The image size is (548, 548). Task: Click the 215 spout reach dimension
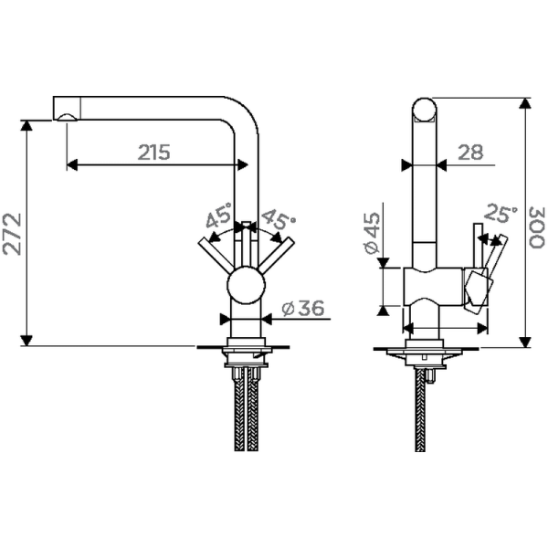(154, 153)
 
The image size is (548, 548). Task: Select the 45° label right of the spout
(278, 219)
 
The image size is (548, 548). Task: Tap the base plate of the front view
(245, 347)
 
